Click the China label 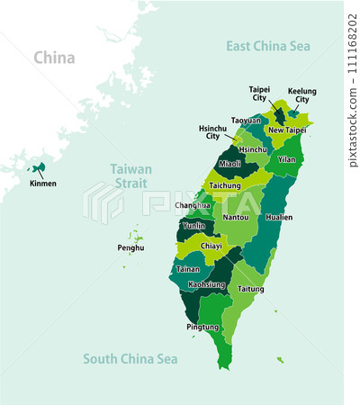click(54, 58)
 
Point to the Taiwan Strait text click(131, 175)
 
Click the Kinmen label click(42, 184)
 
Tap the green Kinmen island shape click(40, 167)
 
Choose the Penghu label click(130, 247)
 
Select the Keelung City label click(302, 96)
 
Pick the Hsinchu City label click(212, 133)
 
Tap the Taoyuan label click(246, 120)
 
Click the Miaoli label click(230, 163)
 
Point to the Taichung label click(225, 185)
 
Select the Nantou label click(235, 217)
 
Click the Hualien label click(280, 217)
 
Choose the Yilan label click(286, 159)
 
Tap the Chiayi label click(211, 244)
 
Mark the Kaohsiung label click(206, 284)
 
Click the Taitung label click(251, 289)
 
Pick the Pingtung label click(202, 327)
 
